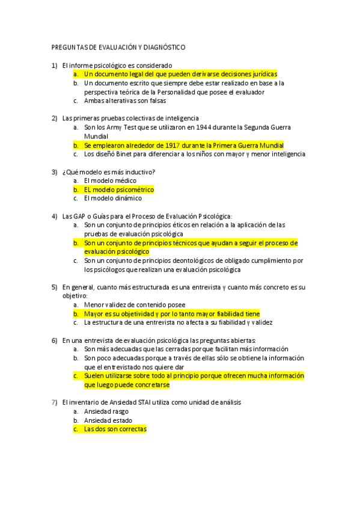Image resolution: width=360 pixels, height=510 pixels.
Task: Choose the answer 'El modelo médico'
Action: point(110,180)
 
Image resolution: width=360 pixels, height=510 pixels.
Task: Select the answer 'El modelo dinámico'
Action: point(112,198)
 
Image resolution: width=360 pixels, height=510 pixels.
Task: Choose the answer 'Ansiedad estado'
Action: point(108,420)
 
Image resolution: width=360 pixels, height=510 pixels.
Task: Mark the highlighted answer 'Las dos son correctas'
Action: point(115,429)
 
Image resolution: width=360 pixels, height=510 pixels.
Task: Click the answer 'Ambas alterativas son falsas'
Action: point(125,101)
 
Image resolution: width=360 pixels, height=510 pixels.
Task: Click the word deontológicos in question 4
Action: point(194,260)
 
